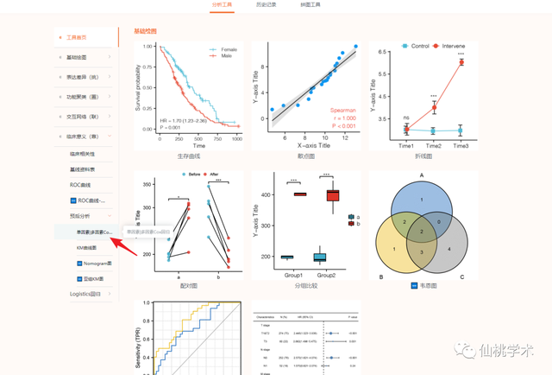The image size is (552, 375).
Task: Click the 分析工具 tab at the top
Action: click(x=222, y=5)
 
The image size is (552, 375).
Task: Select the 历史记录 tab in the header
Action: click(x=267, y=5)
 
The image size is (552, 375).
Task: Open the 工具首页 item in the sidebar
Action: click(x=83, y=37)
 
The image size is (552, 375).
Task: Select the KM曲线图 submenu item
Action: click(x=90, y=247)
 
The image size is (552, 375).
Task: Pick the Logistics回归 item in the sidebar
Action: click(x=85, y=294)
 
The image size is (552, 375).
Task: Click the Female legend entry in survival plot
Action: click(x=229, y=49)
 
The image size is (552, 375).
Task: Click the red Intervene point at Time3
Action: click(x=461, y=62)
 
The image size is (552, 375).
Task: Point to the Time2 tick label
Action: click(x=433, y=146)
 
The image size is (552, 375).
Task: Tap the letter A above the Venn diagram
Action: click(x=422, y=175)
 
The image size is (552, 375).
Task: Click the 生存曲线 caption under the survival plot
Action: click(x=188, y=156)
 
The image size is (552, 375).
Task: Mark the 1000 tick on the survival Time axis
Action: click(x=236, y=138)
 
